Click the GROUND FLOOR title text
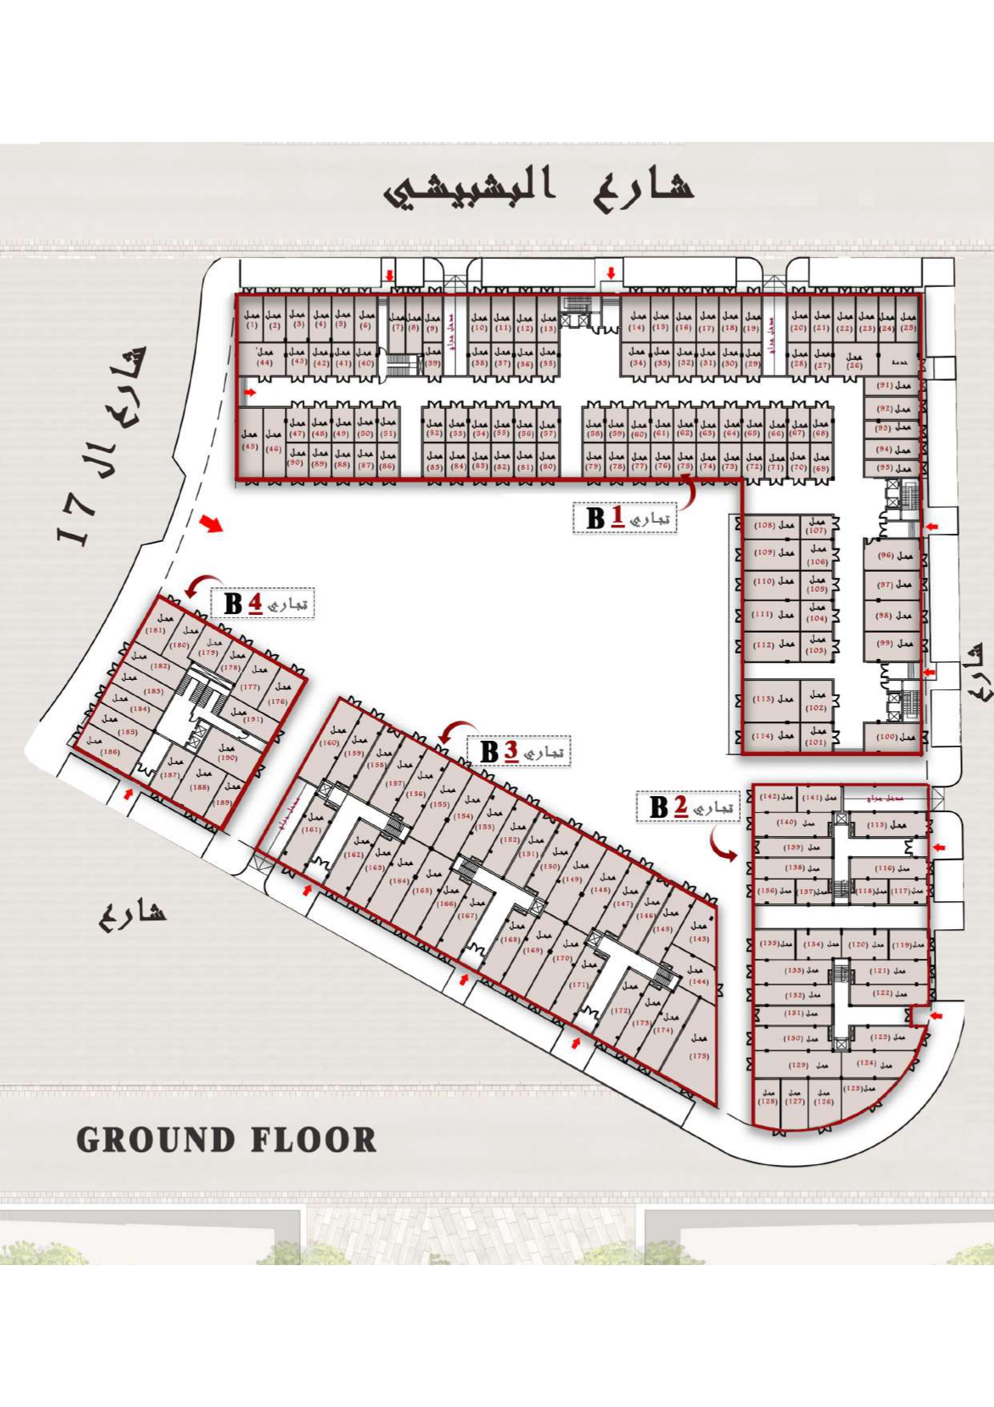point(226,1139)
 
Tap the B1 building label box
point(624,518)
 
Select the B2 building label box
point(688,807)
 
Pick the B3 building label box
point(518,752)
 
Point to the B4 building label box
point(262,603)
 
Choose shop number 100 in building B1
point(895,737)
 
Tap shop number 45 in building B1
point(249,441)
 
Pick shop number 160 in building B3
point(332,737)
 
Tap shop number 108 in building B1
point(773,526)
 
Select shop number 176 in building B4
point(280,694)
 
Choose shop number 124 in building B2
point(874,1064)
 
